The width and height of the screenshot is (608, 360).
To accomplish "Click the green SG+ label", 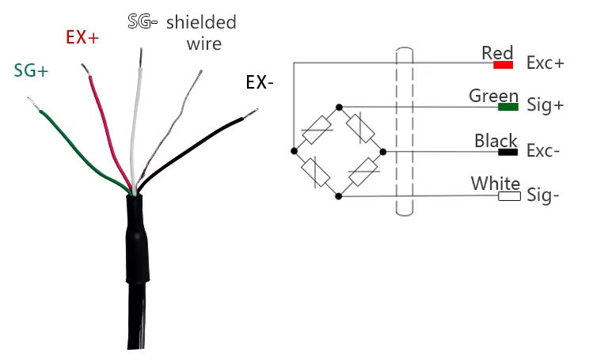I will tap(31, 70).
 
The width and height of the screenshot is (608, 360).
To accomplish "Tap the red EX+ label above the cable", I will tap(82, 37).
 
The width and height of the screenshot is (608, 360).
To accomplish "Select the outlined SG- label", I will tap(143, 21).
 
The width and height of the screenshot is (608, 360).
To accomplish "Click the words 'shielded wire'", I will tap(202, 32).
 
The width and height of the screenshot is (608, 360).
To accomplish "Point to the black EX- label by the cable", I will tap(260, 82).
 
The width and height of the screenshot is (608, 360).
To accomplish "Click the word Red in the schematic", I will tap(497, 53).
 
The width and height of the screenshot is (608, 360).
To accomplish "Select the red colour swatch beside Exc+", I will tap(507, 63).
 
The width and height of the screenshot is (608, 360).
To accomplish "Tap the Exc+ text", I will tap(545, 64).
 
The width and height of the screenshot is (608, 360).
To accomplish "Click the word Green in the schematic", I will tap(493, 96).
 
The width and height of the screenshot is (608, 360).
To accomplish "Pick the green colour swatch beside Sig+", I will tap(508, 107).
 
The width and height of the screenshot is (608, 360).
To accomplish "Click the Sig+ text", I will tap(545, 107).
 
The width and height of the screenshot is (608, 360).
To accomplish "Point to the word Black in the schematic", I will tap(496, 141).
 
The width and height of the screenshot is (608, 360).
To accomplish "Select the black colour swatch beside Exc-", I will tap(507, 151).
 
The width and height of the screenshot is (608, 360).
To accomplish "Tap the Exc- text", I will tap(544, 151).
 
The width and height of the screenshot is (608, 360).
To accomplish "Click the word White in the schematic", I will tap(496, 184).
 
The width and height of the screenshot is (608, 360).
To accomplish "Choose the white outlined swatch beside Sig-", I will tap(509, 195).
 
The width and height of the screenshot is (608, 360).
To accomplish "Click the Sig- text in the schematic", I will tap(544, 195).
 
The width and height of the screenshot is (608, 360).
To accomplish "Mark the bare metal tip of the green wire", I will tap(32, 104).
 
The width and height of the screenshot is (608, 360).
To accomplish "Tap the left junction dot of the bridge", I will tap(294, 150).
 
